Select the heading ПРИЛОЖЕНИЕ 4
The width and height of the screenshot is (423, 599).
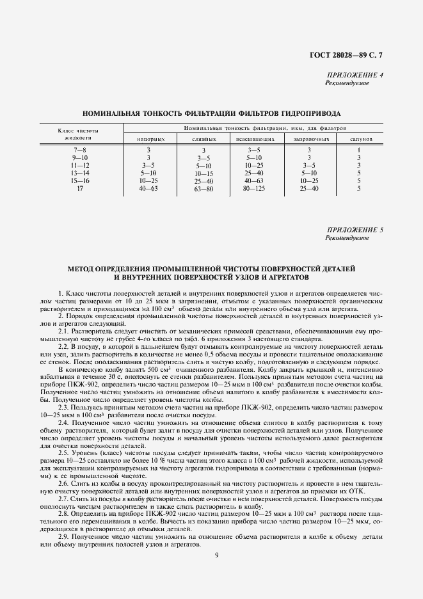355,76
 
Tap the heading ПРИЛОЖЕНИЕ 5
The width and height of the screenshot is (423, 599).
355,229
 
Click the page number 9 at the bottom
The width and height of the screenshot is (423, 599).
217,554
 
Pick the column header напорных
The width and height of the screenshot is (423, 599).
152,138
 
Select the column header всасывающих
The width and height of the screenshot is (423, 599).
255,138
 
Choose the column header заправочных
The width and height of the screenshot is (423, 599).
309,138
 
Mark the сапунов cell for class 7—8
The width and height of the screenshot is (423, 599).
359,150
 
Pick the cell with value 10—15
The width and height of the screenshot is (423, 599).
204,173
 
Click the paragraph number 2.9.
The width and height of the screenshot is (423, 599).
63,518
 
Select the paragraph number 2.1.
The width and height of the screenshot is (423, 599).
63,331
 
